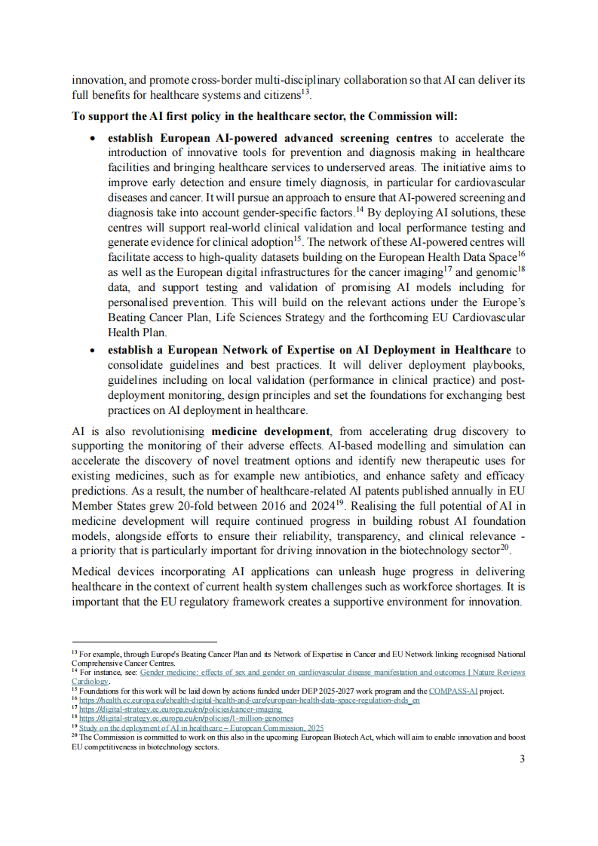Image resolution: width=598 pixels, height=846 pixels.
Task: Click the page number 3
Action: point(522,759)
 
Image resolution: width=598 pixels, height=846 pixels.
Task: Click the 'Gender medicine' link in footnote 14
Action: point(333,672)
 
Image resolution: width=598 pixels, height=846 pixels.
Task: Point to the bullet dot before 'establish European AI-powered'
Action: point(92,139)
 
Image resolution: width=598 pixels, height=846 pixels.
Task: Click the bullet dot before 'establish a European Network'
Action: point(92,351)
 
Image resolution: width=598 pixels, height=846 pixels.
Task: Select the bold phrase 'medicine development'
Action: point(271,431)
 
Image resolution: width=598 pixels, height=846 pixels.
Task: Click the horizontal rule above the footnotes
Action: point(143,642)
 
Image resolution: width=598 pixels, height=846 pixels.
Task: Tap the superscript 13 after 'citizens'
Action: point(305,92)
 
